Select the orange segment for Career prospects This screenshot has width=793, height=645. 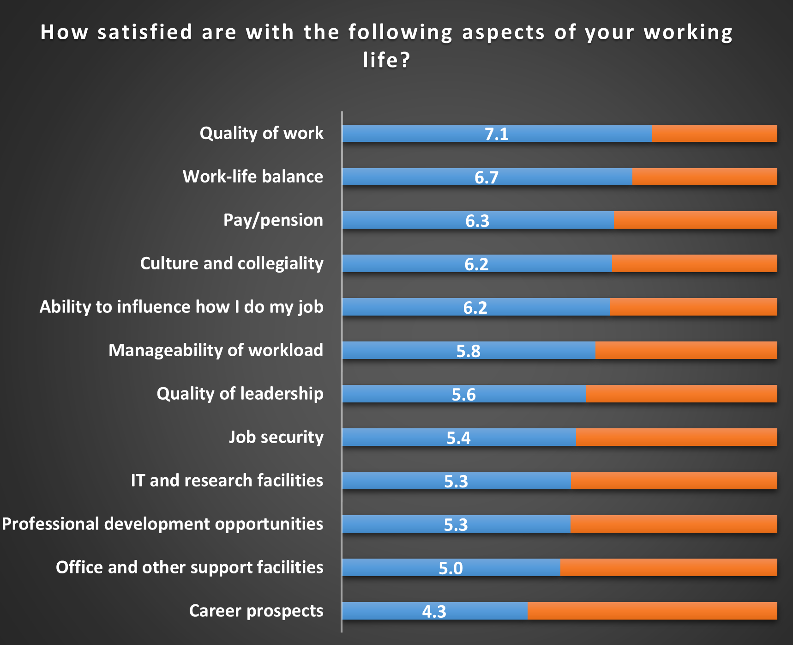coord(652,611)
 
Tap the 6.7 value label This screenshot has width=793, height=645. coord(487,177)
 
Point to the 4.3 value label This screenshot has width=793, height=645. coord(434,612)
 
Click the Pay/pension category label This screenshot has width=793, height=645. coord(273,220)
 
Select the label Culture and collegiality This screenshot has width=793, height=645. coord(232,263)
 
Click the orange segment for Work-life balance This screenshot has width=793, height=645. coord(704,177)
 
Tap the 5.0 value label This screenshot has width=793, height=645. coord(451,568)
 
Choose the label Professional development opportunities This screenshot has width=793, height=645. coord(162,524)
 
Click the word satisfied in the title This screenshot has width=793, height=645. coord(144,32)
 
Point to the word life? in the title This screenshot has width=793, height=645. coord(386,60)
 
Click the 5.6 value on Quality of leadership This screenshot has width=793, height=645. coord(463,395)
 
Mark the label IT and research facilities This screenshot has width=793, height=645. coord(227,481)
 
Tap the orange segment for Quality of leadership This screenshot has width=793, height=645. coord(681,394)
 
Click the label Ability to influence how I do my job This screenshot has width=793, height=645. coord(181,307)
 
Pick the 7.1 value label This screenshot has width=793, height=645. coord(496,134)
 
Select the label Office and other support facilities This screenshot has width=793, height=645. coord(189,567)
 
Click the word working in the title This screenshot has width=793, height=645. coord(688,32)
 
